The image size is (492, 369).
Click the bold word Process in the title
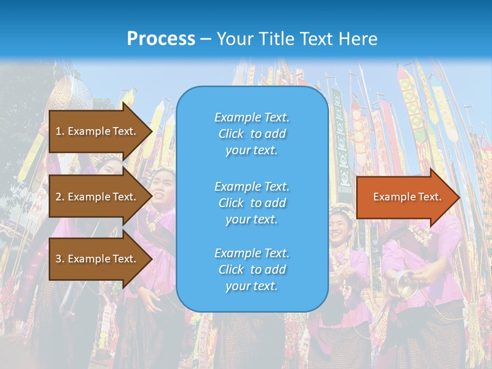(x=161, y=39)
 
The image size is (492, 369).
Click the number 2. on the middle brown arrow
(x=59, y=197)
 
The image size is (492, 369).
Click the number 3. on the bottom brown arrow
(x=59, y=259)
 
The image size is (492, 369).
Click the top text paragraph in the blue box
(x=252, y=134)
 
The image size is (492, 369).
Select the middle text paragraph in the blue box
(x=252, y=203)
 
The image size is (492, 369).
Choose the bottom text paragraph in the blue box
(x=252, y=270)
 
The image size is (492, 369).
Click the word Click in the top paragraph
(x=231, y=134)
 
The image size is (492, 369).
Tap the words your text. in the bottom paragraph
(x=252, y=286)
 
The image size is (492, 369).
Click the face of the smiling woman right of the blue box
(x=340, y=226)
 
